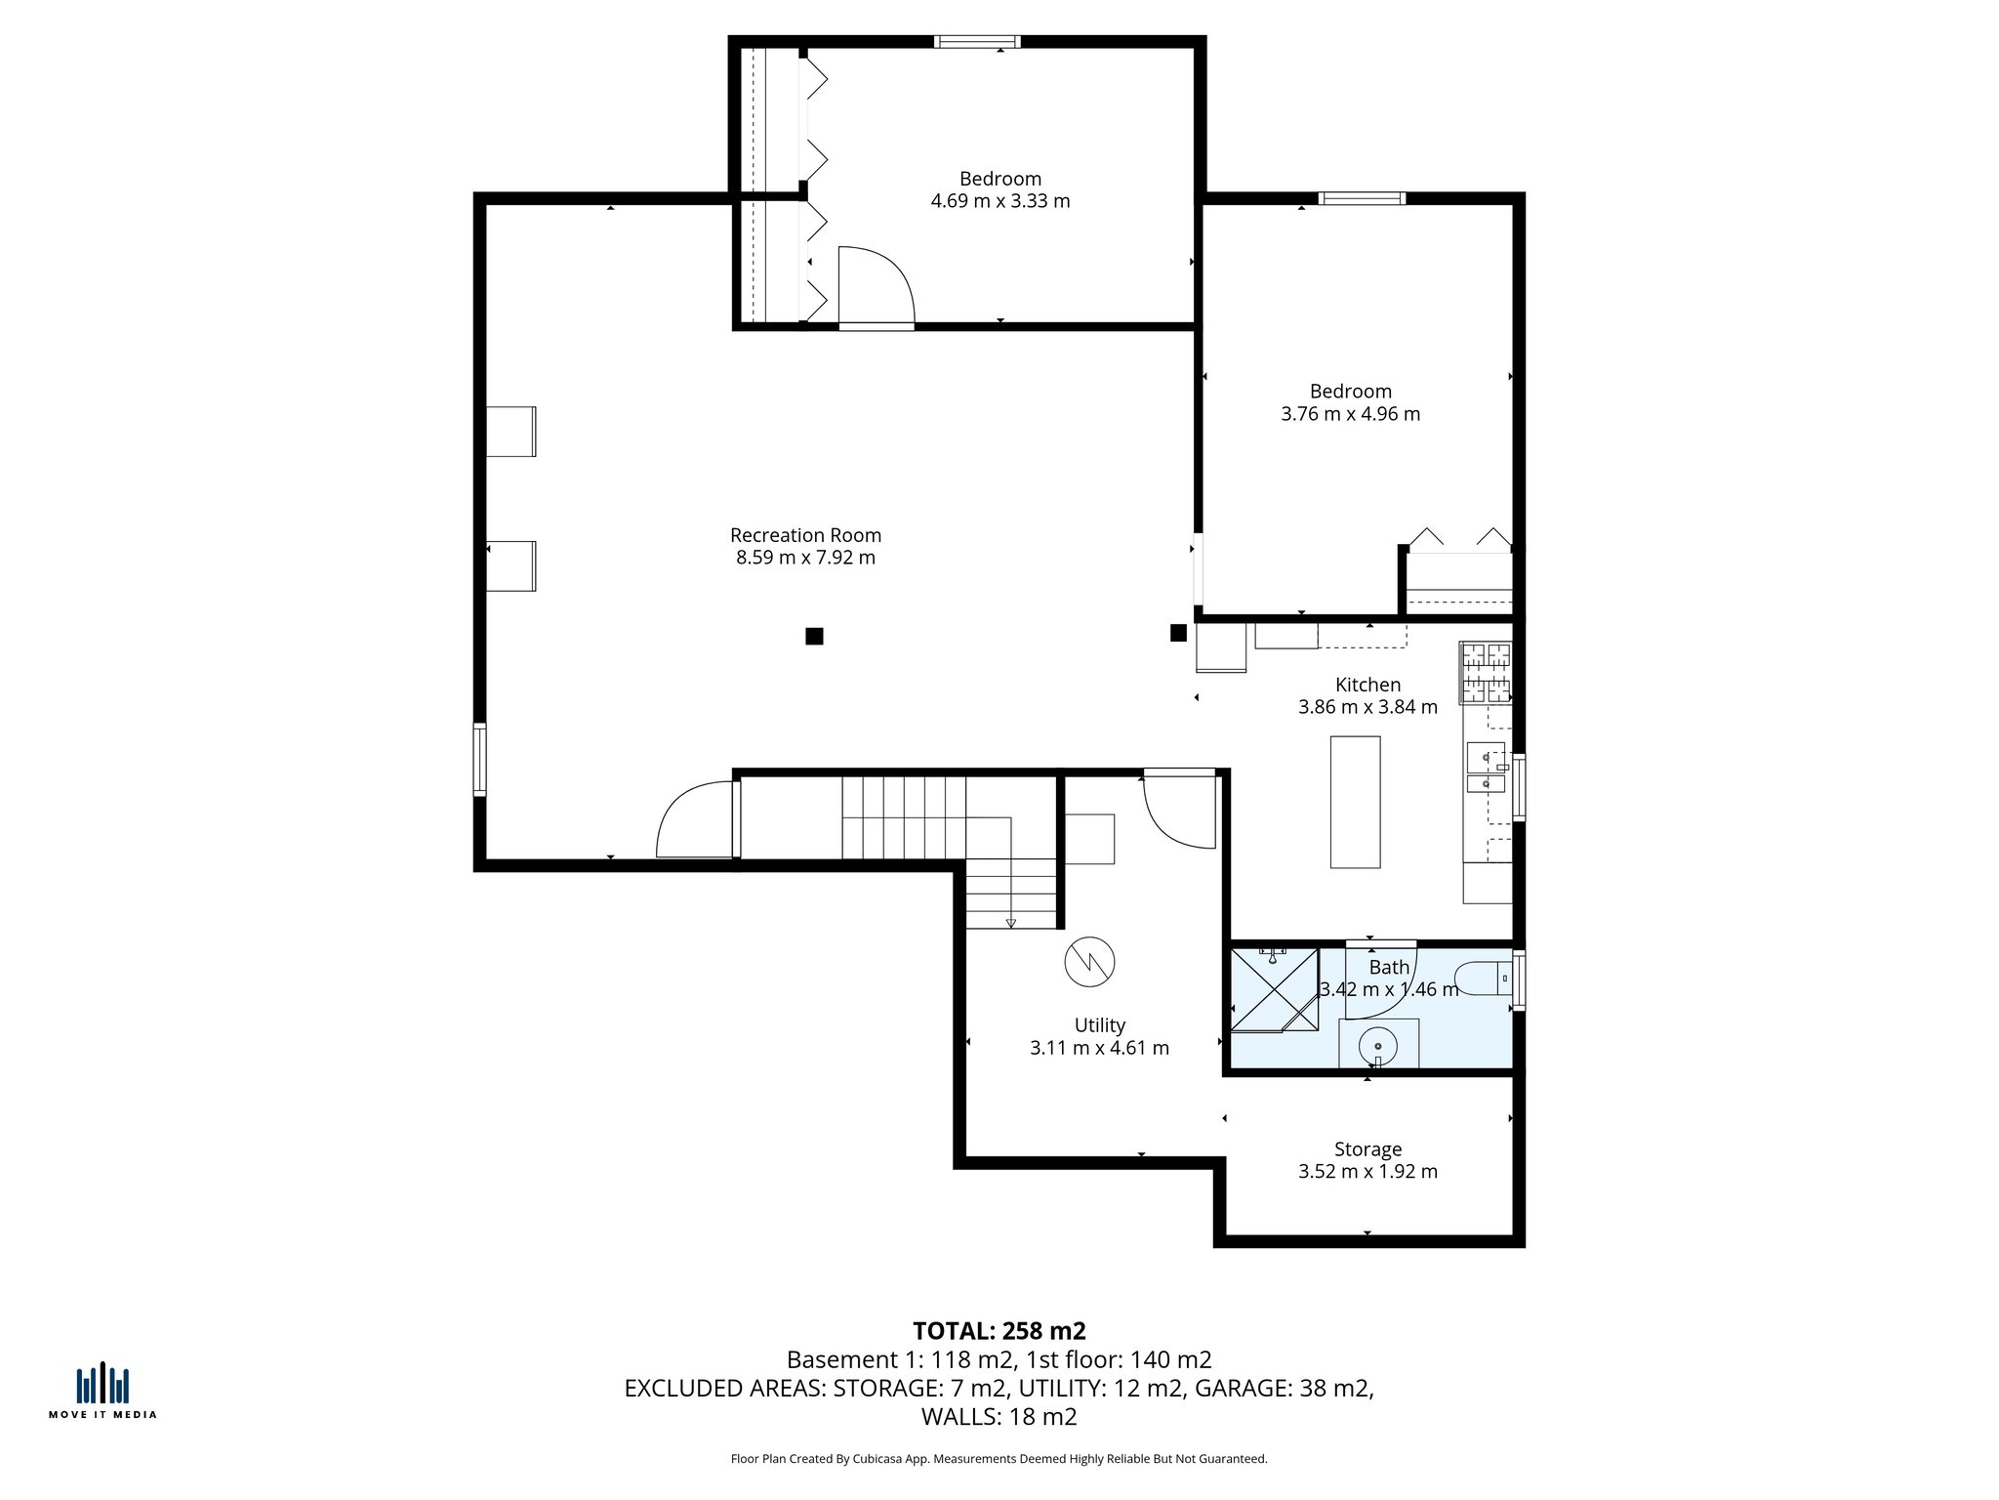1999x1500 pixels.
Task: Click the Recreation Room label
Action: tap(805, 535)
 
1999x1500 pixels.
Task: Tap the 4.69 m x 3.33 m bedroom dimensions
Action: tap(999, 201)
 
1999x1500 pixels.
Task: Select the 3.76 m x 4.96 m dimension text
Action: tap(1350, 414)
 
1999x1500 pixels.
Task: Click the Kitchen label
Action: tap(1367, 685)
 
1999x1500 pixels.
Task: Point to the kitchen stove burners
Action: tap(1485, 673)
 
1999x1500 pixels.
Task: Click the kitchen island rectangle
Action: tap(1355, 802)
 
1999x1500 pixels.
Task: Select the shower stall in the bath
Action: tap(1274, 989)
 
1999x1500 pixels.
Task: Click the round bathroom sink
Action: tap(1377, 1046)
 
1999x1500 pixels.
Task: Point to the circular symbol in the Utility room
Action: tap(1089, 963)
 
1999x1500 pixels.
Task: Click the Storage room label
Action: tap(1367, 1149)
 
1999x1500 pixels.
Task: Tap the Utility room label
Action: tap(1099, 1025)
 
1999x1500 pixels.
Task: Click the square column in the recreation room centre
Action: tap(814, 637)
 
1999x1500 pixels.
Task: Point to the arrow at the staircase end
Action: tap(1010, 923)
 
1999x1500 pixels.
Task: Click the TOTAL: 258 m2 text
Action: tap(999, 1331)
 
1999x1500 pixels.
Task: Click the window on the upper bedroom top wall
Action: tap(977, 42)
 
